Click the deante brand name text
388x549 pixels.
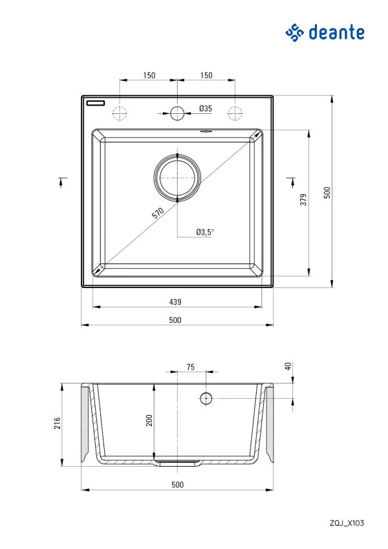(336, 32)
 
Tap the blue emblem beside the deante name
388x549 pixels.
(295, 32)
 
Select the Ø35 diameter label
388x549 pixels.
(205, 109)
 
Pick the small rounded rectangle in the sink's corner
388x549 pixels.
(97, 102)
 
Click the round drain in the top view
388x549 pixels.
(177, 177)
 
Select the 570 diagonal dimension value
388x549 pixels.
(158, 214)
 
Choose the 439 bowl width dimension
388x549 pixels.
(175, 302)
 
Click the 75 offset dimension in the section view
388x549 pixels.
(190, 367)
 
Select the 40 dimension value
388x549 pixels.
(288, 366)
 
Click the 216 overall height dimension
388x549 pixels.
(57, 423)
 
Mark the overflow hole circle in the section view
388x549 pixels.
(206, 398)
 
